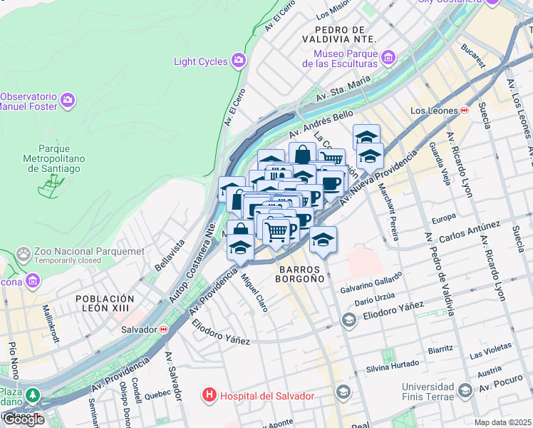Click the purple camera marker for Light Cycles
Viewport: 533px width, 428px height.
pyautogui.click(x=238, y=61)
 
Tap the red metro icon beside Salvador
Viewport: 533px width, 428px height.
pyautogui.click(x=164, y=330)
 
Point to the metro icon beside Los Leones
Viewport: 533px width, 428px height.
pyautogui.click(x=465, y=111)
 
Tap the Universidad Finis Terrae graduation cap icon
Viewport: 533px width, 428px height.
pyautogui.click(x=465, y=390)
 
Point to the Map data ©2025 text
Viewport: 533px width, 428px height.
pyautogui.click(x=503, y=422)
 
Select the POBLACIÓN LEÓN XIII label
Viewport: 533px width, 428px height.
pyautogui.click(x=105, y=304)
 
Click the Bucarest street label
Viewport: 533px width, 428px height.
pyautogui.click(x=472, y=53)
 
